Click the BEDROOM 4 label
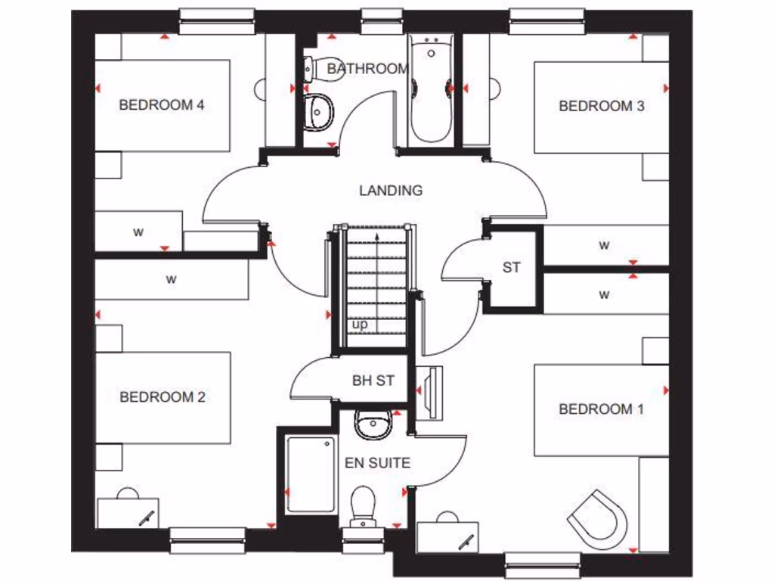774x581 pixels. point(162,105)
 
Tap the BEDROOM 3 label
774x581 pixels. point(601,106)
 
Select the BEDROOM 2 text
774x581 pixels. point(162,396)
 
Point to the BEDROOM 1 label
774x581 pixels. point(601,409)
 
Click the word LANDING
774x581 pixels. point(391,191)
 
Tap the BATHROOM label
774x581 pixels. point(367,69)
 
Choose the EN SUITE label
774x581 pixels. point(377,462)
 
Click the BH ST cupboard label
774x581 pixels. point(373,381)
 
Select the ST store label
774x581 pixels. point(512,267)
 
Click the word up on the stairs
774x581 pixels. point(360,325)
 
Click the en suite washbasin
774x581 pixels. point(372,424)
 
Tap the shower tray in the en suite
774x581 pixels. point(310,474)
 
